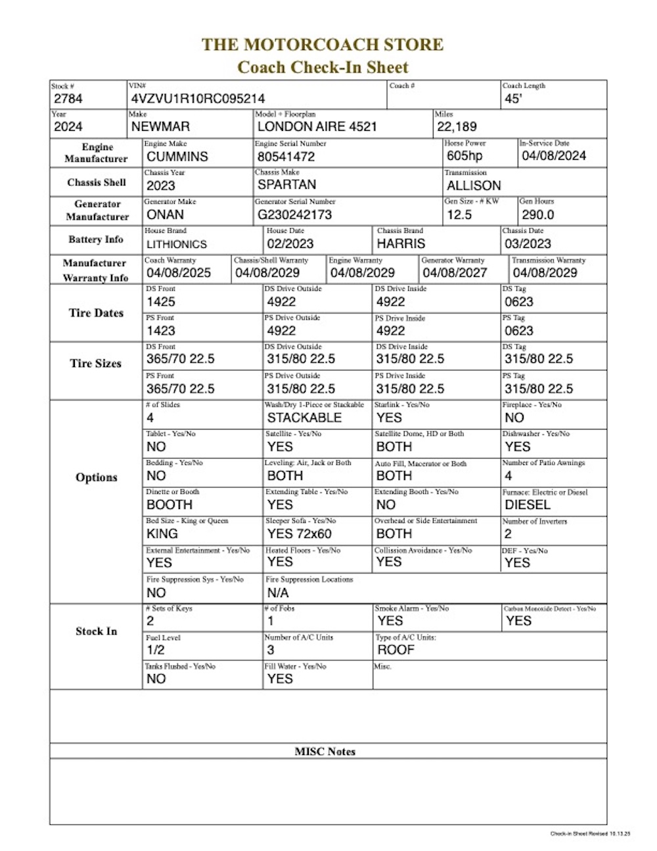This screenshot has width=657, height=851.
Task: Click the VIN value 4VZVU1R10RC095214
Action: (198, 99)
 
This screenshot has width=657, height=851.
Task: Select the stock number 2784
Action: (68, 99)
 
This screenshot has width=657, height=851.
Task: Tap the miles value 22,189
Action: (457, 127)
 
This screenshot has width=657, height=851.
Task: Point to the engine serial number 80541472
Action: (286, 157)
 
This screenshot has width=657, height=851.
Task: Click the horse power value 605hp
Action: (464, 156)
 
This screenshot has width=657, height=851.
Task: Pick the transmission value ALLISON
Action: (474, 185)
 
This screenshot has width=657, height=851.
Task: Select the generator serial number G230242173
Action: (294, 214)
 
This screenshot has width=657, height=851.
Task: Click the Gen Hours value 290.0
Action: (538, 214)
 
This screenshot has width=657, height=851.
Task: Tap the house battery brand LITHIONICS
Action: (177, 244)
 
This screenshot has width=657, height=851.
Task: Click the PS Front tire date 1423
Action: (161, 331)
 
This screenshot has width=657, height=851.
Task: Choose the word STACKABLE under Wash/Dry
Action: (304, 418)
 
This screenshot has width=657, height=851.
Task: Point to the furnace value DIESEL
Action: (528, 504)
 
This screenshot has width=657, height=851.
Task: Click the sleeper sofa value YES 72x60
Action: (299, 533)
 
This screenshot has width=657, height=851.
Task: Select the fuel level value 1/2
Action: (156, 650)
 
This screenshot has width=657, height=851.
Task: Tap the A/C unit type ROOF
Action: (396, 650)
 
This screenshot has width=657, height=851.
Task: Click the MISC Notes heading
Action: (325, 752)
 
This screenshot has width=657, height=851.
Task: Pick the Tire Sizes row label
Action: (96, 363)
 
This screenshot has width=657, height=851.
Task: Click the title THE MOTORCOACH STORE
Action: (323, 45)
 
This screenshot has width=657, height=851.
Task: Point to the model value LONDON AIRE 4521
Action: (317, 127)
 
